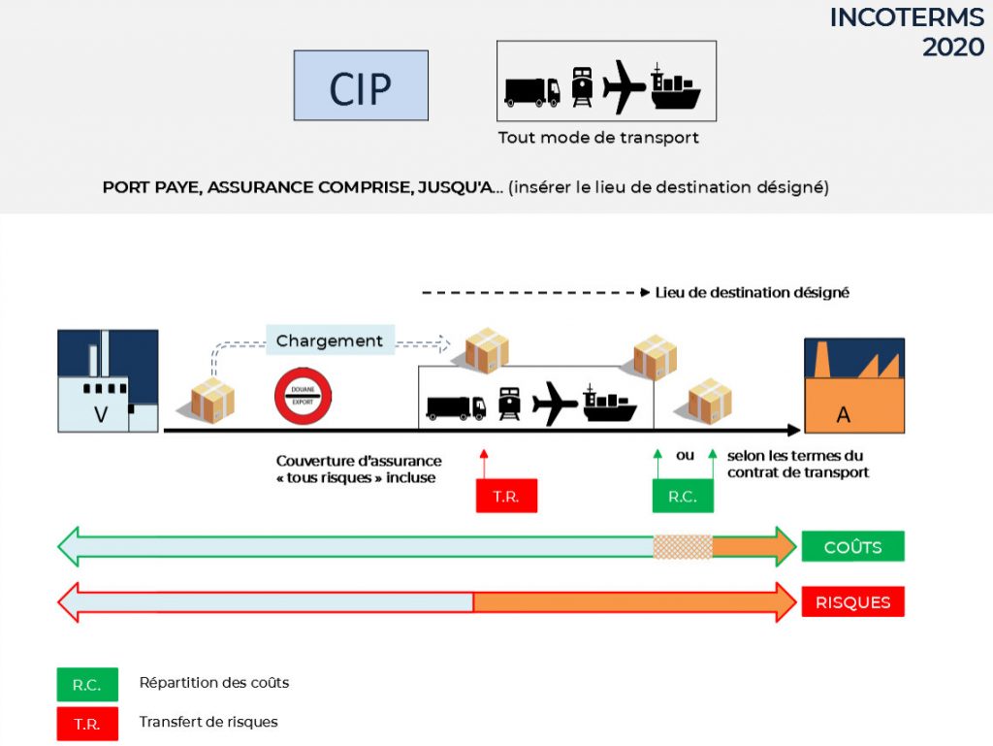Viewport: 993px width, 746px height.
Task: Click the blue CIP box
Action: pyautogui.click(x=361, y=85)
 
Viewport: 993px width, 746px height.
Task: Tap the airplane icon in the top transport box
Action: pyautogui.click(x=624, y=86)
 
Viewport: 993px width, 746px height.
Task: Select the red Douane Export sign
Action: pyautogui.click(x=303, y=396)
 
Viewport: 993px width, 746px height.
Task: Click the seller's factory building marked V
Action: pyautogui.click(x=108, y=380)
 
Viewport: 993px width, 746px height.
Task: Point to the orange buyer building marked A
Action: pyautogui.click(x=854, y=386)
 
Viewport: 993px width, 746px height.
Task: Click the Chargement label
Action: pyautogui.click(x=330, y=341)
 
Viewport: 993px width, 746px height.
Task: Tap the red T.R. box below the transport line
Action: pyautogui.click(x=506, y=496)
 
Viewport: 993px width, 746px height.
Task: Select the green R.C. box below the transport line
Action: pyautogui.click(x=683, y=496)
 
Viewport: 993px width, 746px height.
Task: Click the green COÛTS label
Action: pyautogui.click(x=853, y=546)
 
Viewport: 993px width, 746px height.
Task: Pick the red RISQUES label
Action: pyautogui.click(x=853, y=601)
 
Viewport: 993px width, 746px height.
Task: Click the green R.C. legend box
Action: pyautogui.click(x=87, y=685)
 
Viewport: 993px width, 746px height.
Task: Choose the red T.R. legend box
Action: pyautogui.click(x=87, y=724)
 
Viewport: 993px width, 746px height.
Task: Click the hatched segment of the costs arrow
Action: pyautogui.click(x=683, y=546)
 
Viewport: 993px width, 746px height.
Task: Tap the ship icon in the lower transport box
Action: pyautogui.click(x=609, y=404)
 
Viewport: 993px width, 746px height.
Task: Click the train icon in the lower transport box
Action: pyautogui.click(x=510, y=404)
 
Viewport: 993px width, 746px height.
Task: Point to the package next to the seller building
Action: pyautogui.click(x=212, y=401)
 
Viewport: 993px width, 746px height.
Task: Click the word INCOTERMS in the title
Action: pyautogui.click(x=907, y=17)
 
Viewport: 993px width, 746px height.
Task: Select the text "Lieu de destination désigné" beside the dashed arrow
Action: pyautogui.click(x=752, y=293)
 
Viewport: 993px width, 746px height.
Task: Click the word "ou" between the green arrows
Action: pyautogui.click(x=686, y=455)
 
